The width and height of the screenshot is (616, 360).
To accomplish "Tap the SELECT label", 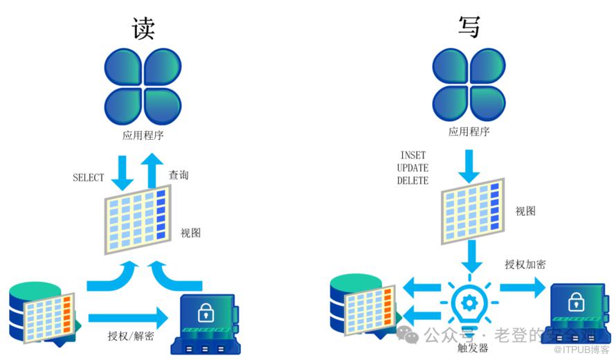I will (x=89, y=178).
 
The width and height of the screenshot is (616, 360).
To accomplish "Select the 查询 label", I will (x=179, y=175).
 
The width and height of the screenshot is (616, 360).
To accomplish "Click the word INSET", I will (x=413, y=155).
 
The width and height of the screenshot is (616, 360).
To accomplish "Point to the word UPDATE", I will (x=413, y=168).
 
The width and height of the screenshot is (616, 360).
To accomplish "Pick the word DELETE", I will (x=413, y=181).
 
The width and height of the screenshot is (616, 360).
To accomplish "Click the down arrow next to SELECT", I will (x=123, y=172).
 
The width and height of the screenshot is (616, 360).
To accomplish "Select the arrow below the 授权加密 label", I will (x=524, y=286).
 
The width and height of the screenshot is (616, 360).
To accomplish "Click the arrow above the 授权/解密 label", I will (x=129, y=318).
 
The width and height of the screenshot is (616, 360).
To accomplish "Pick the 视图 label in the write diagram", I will (x=525, y=211).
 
